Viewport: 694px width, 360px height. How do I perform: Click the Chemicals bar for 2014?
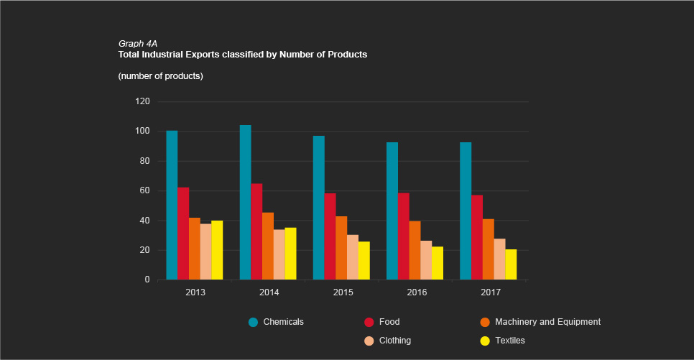point(245,203)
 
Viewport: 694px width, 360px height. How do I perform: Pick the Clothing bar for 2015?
point(353,257)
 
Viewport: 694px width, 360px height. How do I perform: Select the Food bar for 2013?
point(183,234)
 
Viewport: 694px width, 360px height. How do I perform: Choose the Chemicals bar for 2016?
point(392,211)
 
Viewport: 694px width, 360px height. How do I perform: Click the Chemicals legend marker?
point(253,322)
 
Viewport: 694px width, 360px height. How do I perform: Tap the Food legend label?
point(389,322)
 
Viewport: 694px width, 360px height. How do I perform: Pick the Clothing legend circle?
point(369,341)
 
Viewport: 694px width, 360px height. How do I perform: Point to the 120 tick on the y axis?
point(142,101)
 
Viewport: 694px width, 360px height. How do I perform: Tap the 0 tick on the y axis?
point(147,280)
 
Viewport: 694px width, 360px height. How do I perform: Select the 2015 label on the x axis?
point(343,292)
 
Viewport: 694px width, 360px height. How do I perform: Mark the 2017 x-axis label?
point(491,292)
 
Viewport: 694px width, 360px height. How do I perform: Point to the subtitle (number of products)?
point(160,76)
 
